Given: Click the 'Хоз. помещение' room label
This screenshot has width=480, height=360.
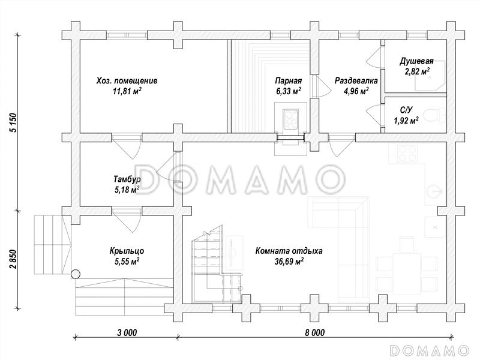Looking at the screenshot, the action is pyautogui.click(x=127, y=81).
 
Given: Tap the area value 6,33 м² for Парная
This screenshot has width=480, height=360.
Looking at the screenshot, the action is pyautogui.click(x=289, y=91).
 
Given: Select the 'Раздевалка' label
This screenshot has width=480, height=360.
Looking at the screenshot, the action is pyautogui.click(x=356, y=81).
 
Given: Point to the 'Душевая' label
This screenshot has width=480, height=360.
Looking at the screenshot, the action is pyautogui.click(x=416, y=61).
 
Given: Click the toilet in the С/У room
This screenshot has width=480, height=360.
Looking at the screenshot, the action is pyautogui.click(x=436, y=115).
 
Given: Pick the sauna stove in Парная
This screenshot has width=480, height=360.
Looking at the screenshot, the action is pyautogui.click(x=290, y=118).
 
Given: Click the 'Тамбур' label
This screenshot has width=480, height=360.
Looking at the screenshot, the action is pyautogui.click(x=127, y=179).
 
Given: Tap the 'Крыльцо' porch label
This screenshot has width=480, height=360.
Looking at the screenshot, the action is pyautogui.click(x=127, y=251).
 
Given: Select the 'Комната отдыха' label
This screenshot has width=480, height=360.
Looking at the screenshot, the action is pyautogui.click(x=289, y=251).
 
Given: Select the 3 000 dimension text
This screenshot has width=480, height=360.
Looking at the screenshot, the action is pyautogui.click(x=127, y=332).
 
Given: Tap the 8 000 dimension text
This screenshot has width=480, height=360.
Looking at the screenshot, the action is pyautogui.click(x=314, y=332).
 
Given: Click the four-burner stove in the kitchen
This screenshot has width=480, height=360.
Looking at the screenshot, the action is pyautogui.click(x=407, y=153).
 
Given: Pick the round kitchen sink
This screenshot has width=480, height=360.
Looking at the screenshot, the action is pyautogui.click(x=434, y=192).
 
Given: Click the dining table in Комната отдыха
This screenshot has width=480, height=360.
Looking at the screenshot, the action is pyautogui.click(x=407, y=274).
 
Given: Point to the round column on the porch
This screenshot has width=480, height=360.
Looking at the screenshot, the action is pyautogui.click(x=76, y=274).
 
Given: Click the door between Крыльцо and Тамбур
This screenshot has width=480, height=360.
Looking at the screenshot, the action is pyautogui.click(x=127, y=220).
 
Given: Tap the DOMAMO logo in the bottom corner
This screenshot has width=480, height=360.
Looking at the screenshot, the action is pyautogui.click(x=430, y=350).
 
